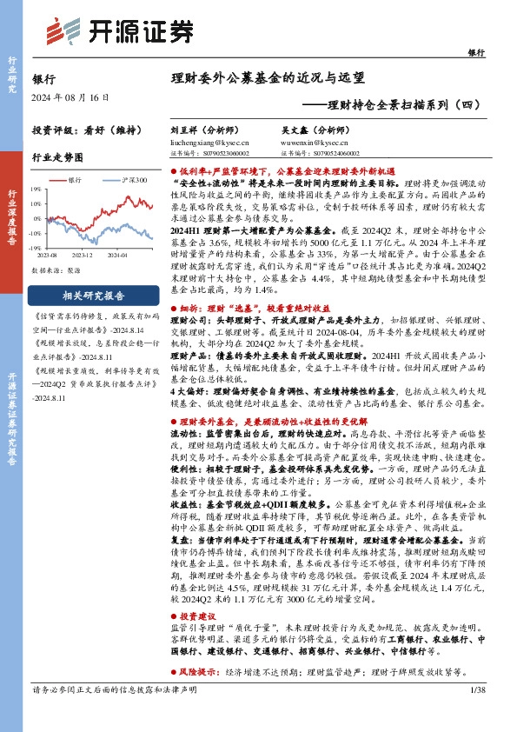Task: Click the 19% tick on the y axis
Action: (36, 188)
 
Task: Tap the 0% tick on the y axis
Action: (36, 218)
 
